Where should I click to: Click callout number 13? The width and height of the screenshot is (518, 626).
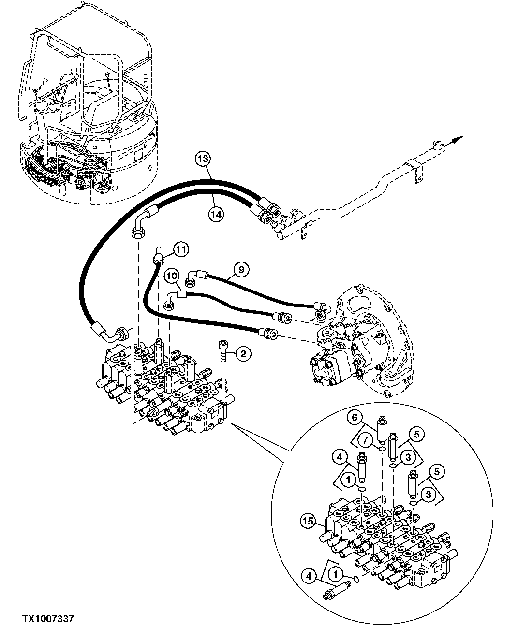tap(204, 158)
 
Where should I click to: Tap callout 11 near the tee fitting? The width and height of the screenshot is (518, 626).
tap(180, 249)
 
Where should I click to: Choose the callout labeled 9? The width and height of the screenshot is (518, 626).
tap(242, 267)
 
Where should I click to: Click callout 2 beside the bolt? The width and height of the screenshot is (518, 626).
tap(243, 354)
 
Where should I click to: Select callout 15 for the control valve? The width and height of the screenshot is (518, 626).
tap(308, 521)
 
